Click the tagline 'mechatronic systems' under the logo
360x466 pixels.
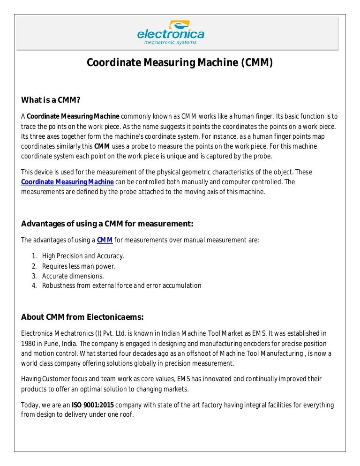(x=170, y=43)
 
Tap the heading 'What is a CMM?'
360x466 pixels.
(x=51, y=100)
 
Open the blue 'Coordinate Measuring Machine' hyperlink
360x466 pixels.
(x=67, y=182)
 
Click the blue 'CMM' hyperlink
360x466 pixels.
(x=105, y=241)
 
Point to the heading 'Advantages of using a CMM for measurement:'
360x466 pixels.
(x=107, y=223)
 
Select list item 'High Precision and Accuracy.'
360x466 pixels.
(x=83, y=256)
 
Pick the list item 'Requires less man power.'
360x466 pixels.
(x=78, y=266)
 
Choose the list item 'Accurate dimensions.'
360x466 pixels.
(x=73, y=276)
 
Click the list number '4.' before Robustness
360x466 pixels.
(x=34, y=286)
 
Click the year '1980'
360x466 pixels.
(x=29, y=343)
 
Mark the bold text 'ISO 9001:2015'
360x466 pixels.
(x=92, y=405)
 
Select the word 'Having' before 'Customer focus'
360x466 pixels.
(x=31, y=379)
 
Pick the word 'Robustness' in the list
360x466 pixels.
(x=58, y=286)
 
